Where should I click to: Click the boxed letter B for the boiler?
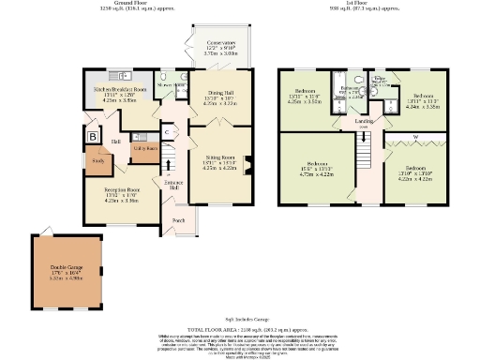pyautogui.click(x=93, y=136)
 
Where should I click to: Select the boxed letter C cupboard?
pyautogui.click(x=165, y=132)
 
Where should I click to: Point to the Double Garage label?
pyautogui.click(x=67, y=272)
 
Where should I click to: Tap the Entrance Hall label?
pyautogui.click(x=174, y=186)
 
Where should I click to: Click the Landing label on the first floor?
pyautogui.click(x=364, y=121)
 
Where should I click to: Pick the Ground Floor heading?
pyautogui.click(x=141, y=3)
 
